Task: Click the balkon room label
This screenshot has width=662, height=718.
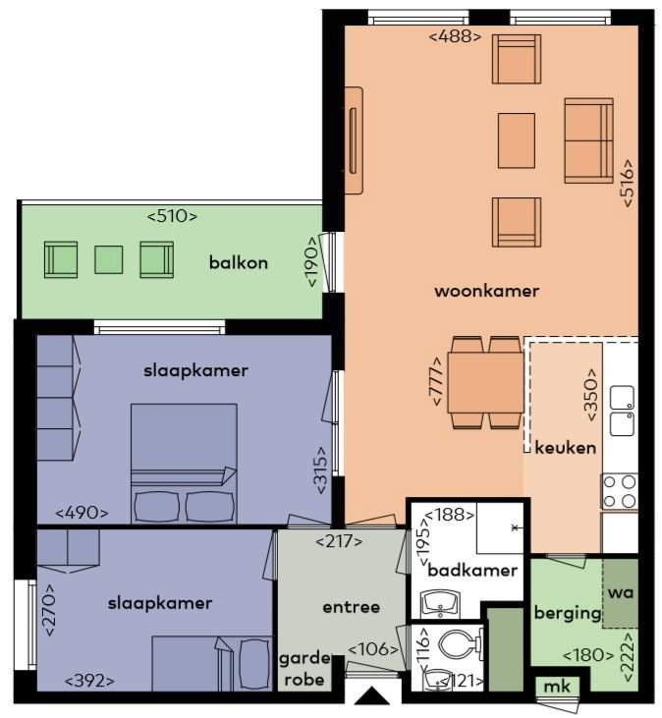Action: coord(238,263)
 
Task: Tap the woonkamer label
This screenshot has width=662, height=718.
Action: coord(486,291)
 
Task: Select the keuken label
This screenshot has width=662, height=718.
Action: coord(566,447)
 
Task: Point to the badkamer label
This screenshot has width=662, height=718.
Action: coord(472,570)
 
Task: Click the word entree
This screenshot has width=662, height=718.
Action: coord(352,607)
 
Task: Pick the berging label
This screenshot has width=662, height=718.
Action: coord(568,614)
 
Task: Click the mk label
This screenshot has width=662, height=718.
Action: coord(557,687)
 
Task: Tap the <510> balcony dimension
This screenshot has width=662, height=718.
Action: coord(172,216)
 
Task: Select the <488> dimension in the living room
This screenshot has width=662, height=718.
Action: coord(455,36)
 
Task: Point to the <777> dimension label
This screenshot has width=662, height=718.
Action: coord(436,381)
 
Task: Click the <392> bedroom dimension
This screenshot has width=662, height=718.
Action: coord(89,681)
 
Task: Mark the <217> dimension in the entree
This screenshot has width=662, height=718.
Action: coord(339,542)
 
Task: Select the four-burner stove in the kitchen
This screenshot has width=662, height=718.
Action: coord(620,491)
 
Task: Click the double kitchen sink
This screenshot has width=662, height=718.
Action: coord(622,411)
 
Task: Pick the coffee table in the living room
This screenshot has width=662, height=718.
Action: coord(517,141)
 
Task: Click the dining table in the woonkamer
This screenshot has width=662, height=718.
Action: coord(486,383)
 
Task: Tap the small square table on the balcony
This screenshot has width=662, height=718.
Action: coord(108,259)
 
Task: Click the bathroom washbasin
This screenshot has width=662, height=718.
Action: coord(441,603)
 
